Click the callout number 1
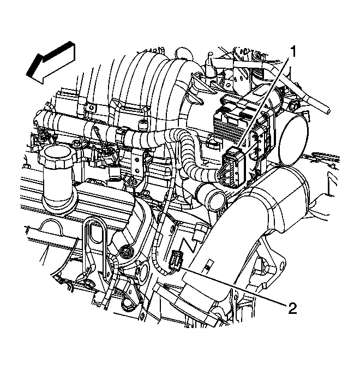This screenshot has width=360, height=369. (x=293, y=51)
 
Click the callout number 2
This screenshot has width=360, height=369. (x=292, y=308)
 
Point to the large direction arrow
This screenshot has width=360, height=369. (x=51, y=63)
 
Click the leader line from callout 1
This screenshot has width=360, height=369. (x=264, y=103)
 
